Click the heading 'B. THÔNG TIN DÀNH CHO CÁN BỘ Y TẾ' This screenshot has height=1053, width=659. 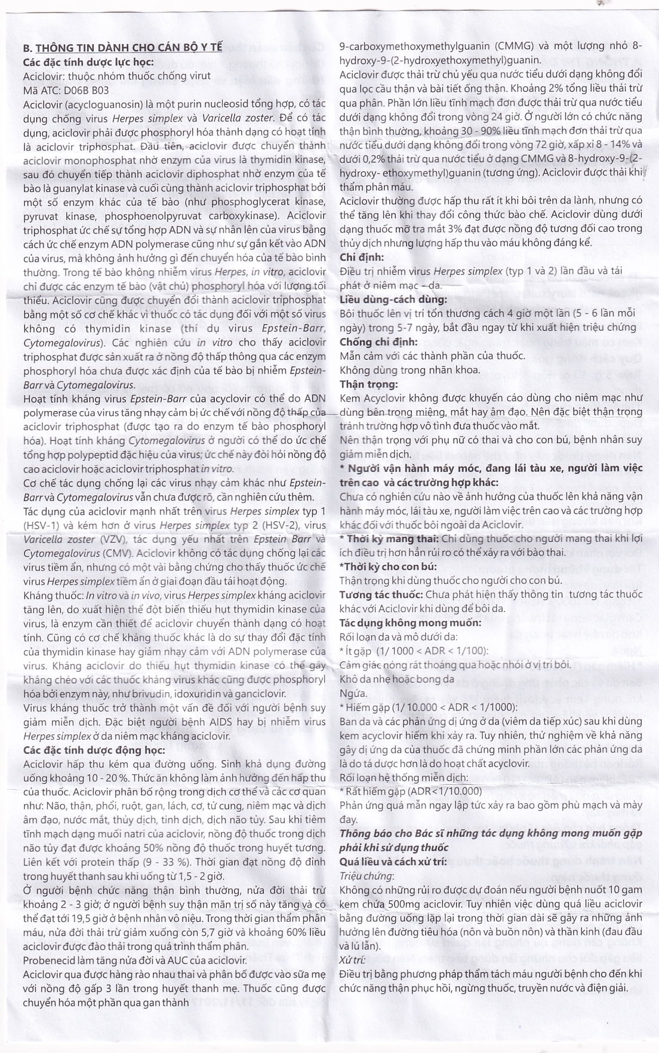[122, 48]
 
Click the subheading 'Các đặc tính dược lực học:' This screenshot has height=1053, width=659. [88, 62]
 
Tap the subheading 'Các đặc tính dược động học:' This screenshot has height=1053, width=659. [93, 749]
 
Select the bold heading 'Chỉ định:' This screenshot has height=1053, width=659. [362, 257]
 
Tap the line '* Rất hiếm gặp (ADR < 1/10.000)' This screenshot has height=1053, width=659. [411, 791]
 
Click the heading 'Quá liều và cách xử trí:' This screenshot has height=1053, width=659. [393, 861]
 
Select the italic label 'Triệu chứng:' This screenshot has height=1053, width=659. [367, 875]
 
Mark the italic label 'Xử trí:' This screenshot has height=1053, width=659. [353, 959]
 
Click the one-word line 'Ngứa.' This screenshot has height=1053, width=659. [353, 693]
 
